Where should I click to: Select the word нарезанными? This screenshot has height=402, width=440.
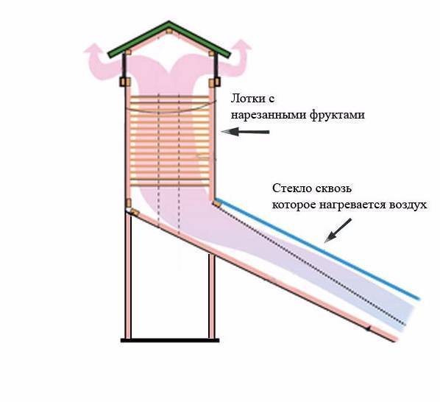coord(269,115)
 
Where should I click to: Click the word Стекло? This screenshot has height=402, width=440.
coord(292,188)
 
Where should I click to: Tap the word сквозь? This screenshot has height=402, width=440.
coord(333,188)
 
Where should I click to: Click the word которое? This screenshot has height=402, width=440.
coord(294,205)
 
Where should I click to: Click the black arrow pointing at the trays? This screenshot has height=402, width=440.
coord(245,132)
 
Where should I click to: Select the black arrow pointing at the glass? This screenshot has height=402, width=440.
coord(338,230)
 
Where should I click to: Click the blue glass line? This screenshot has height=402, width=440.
coord(317,249)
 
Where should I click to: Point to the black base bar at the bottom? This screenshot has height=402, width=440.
coord(170,340)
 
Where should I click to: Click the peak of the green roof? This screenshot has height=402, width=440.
coord(169,21)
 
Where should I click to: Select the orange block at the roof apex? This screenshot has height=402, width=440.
coord(169,31)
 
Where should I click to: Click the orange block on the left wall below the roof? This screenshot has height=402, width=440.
coord(125,82)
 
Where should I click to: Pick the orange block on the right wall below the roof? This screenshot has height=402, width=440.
coord(215,82)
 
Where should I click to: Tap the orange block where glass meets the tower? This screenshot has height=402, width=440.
coord(216,203)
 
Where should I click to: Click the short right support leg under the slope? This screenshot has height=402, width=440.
coord(212,297)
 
